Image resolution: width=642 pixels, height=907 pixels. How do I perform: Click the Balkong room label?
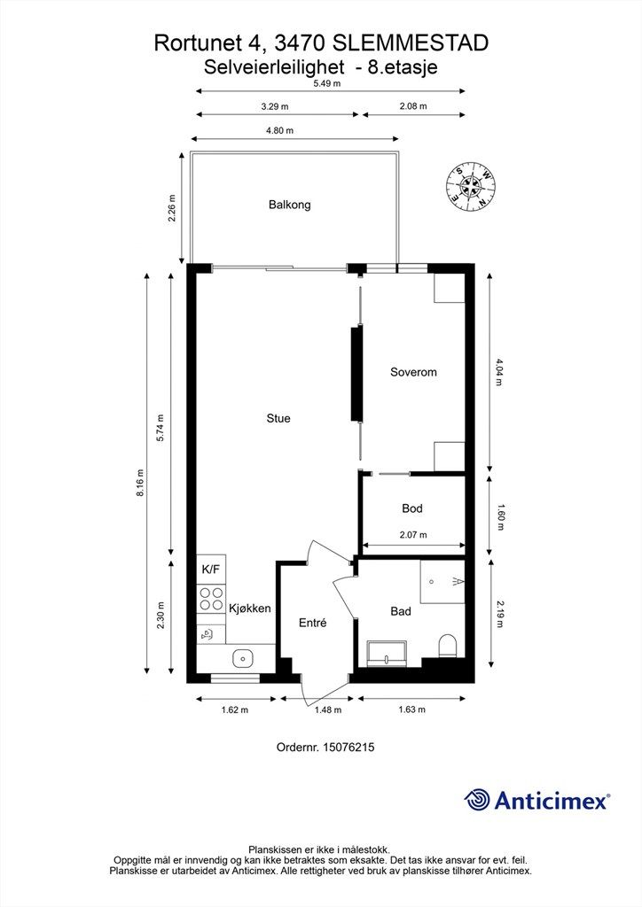coord(289,205)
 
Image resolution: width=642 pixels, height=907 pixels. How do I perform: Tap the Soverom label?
coord(413,372)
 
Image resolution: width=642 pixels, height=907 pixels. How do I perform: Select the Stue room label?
coord(278,418)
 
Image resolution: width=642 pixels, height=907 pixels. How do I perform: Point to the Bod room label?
coord(412,508)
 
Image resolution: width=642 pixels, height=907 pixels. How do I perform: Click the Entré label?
coord(313,623)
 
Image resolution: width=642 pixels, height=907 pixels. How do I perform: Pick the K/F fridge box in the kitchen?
coord(211,570)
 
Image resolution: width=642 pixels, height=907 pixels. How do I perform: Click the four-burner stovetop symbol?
coord(211,599)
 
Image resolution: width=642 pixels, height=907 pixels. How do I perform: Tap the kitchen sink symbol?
coord(243,658)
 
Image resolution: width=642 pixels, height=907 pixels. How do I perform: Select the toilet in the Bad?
coord(448,646)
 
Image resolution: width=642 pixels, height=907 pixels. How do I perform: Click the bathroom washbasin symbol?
coord(387,654)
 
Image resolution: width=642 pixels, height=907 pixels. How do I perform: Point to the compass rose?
coord(470,186)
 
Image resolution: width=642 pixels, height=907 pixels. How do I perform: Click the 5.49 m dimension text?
coord(327,82)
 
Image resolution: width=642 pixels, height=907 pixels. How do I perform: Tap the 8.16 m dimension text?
coord(140,484)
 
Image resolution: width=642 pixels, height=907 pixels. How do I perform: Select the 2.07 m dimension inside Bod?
coord(413,535)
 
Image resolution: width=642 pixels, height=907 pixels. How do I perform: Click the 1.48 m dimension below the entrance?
coord(328,709)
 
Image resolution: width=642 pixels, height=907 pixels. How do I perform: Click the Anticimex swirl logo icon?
coord(476,801)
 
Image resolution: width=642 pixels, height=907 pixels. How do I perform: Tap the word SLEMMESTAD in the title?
coord(411,43)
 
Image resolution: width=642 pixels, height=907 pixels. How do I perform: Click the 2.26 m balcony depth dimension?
coord(171,209)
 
